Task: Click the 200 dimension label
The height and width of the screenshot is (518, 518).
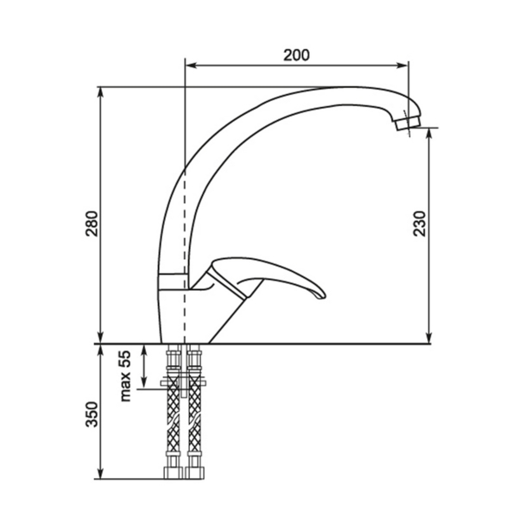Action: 296,55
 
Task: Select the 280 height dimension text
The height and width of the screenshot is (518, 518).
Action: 92,224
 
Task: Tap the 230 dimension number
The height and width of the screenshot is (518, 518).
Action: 420,224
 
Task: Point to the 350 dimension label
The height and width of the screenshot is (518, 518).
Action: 92,414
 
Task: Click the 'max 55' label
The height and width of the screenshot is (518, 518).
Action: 125,376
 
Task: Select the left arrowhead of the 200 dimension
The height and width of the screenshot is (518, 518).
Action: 191,66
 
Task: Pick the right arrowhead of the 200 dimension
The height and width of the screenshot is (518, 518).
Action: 402,66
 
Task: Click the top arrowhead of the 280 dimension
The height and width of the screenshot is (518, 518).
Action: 101,93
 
